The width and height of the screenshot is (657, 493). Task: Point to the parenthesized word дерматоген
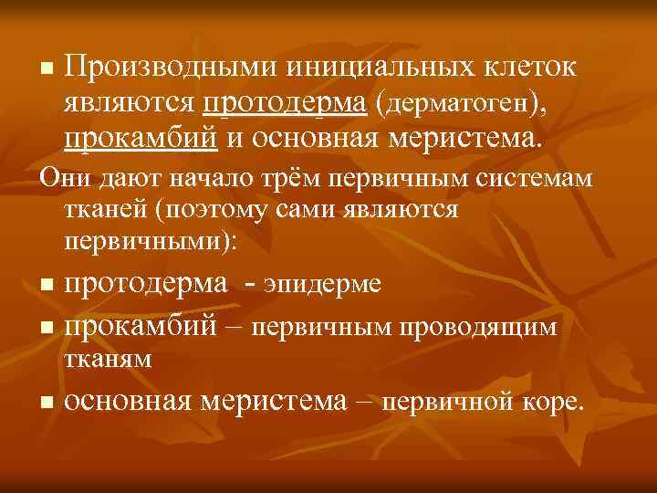point(464,105)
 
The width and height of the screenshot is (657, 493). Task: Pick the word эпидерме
point(323,284)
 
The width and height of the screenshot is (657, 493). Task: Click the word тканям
point(109,359)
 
